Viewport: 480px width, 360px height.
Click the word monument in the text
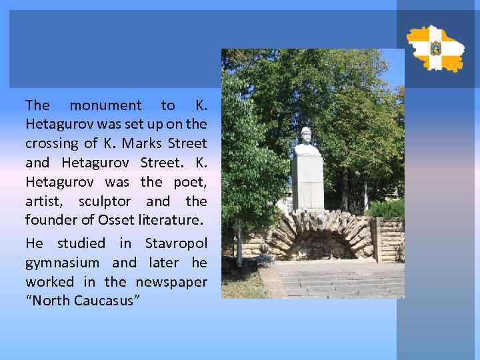[105, 105]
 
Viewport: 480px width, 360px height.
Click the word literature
[172, 220]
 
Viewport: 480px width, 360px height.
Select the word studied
[81, 243]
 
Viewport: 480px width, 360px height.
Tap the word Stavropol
[175, 243]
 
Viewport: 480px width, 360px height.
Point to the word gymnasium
[62, 263]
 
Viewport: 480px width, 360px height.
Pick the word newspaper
[171, 282]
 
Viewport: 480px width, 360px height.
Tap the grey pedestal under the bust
[307, 183]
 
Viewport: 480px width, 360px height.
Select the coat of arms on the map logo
[435, 48]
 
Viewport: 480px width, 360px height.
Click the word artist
[45, 201]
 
